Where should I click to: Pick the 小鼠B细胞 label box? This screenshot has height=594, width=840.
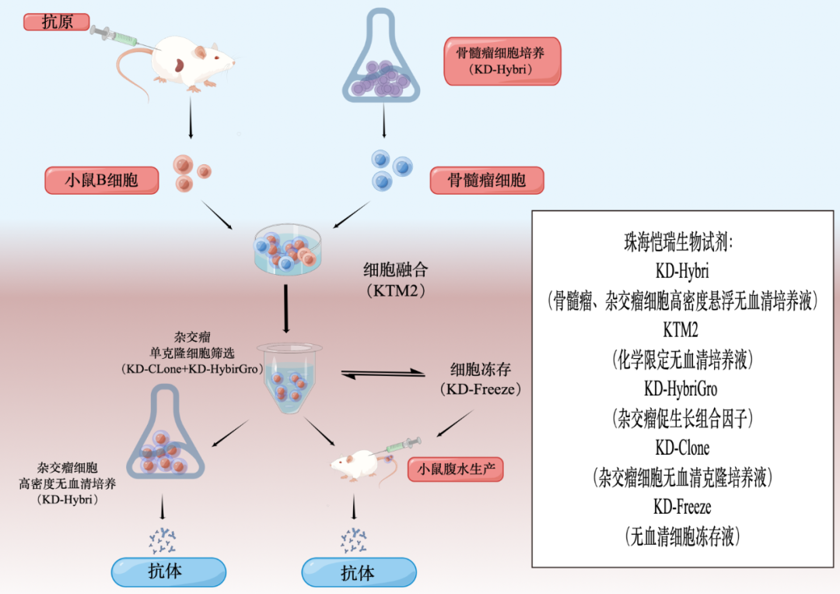coord(102,180)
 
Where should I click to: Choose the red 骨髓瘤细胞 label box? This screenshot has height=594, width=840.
coord(486,181)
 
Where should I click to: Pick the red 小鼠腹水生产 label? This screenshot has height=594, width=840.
coord(456,469)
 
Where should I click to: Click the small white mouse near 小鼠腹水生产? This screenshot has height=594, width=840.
coord(353,466)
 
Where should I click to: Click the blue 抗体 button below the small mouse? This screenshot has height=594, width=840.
coord(358,573)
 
